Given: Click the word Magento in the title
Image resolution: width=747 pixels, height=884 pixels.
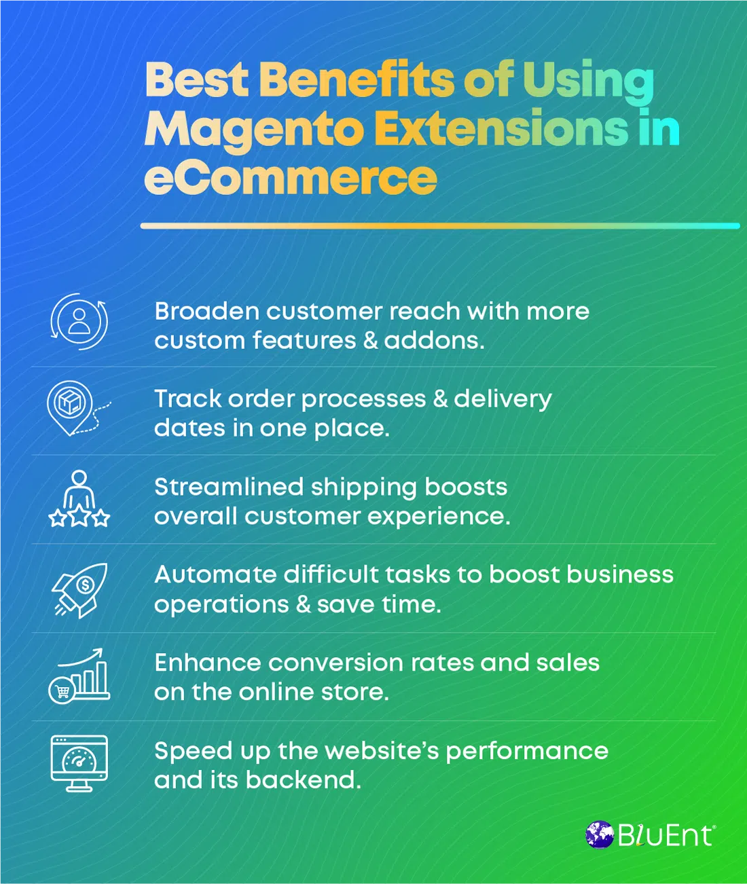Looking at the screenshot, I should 254,129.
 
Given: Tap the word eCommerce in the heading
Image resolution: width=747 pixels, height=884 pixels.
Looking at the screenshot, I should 291,178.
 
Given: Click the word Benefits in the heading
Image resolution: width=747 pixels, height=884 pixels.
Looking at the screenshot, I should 356,79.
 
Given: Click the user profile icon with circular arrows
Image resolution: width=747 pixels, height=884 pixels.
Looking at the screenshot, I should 79,321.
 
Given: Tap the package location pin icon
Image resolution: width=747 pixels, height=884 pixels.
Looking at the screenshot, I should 71,406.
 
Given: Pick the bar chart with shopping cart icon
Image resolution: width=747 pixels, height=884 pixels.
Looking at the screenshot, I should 79,676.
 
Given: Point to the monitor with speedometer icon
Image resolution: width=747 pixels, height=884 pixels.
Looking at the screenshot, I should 79,763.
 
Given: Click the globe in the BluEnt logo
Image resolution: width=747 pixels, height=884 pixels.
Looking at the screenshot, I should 600,834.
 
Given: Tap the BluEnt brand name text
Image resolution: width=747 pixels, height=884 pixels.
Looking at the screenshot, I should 666,835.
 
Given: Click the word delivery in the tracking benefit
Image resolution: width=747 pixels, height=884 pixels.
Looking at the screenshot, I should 503,399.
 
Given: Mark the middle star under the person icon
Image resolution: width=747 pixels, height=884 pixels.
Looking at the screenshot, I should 79,518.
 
